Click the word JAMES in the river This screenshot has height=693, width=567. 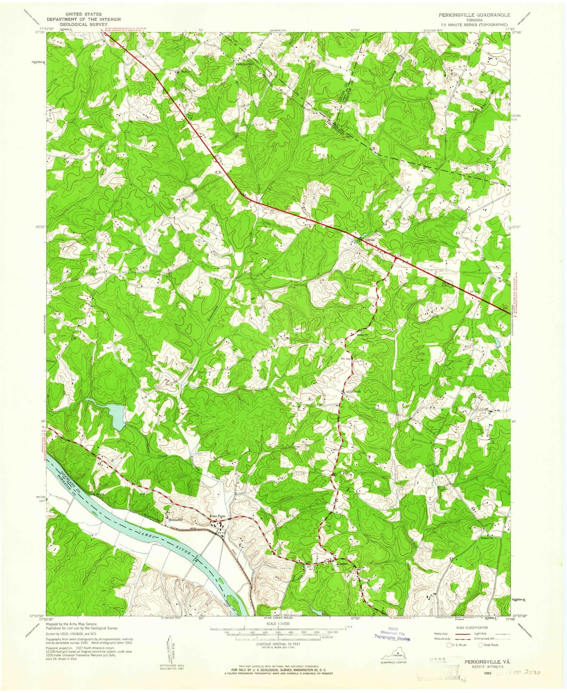(x=147, y=535)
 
